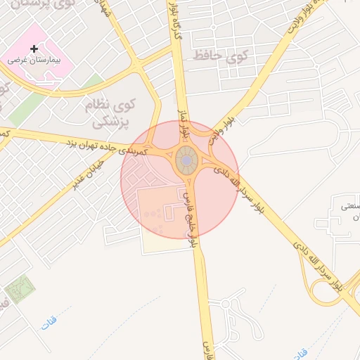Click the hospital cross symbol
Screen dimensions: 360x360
point(34,49)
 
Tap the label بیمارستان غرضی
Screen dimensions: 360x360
point(35,60)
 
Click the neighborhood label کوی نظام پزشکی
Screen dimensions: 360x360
point(112,112)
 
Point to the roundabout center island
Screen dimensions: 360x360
point(186,162)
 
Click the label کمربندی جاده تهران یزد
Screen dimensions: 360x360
point(105,146)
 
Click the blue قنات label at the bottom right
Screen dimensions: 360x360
point(300,350)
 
